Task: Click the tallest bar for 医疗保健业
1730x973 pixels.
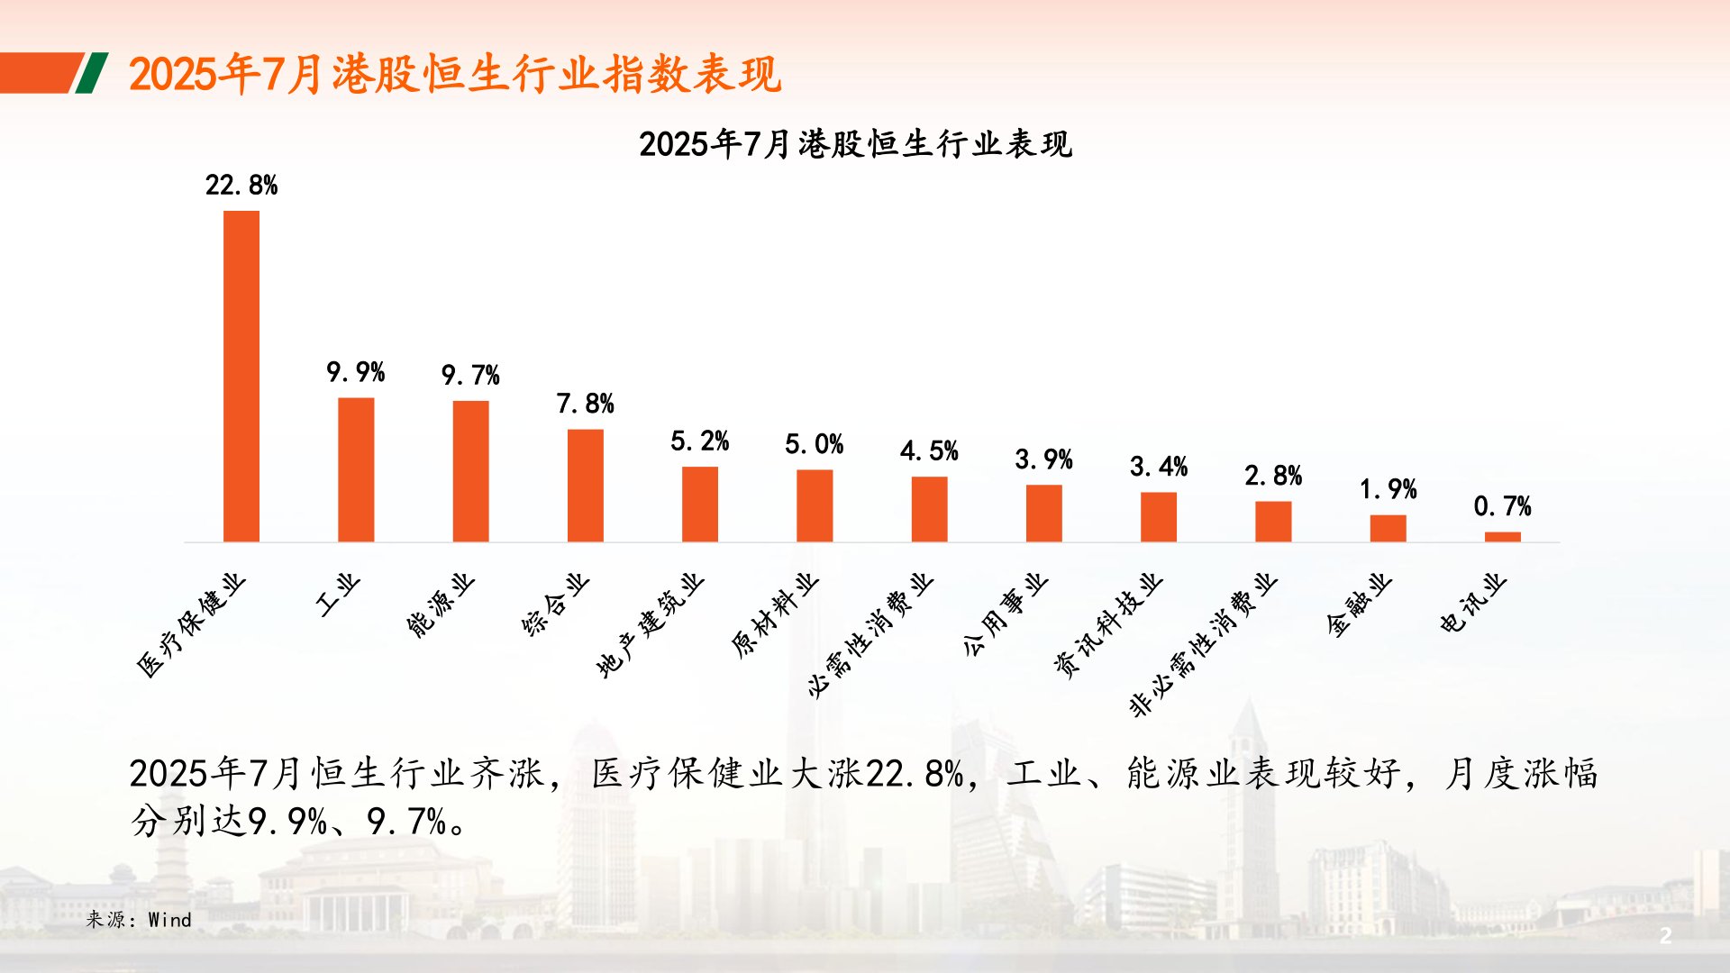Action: click(x=241, y=377)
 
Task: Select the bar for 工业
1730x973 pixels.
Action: click(x=356, y=469)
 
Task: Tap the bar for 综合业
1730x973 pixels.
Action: click(x=585, y=486)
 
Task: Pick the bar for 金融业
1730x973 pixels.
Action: click(x=1388, y=528)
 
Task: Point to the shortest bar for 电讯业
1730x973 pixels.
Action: click(x=1502, y=537)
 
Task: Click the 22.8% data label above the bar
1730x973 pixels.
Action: click(x=241, y=186)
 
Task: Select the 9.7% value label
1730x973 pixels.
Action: click(x=470, y=375)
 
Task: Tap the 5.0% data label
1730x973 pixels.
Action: click(x=814, y=444)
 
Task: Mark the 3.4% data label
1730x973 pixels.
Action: click(x=1159, y=467)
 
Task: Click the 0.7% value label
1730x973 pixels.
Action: click(x=1502, y=506)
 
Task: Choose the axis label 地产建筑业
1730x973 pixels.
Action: click(x=650, y=625)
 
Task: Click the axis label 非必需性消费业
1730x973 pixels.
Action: click(x=1203, y=645)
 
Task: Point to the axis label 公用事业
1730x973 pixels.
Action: click(x=1005, y=614)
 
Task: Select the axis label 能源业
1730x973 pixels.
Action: click(x=440, y=605)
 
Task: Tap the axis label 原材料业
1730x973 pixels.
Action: click(x=774, y=615)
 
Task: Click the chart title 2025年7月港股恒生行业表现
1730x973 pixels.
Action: click(x=855, y=144)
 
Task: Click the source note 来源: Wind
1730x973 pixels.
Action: click(x=139, y=920)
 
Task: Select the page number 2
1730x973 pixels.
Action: click(x=1665, y=935)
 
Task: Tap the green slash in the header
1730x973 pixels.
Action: click(x=91, y=73)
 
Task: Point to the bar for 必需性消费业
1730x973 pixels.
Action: click(x=929, y=509)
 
